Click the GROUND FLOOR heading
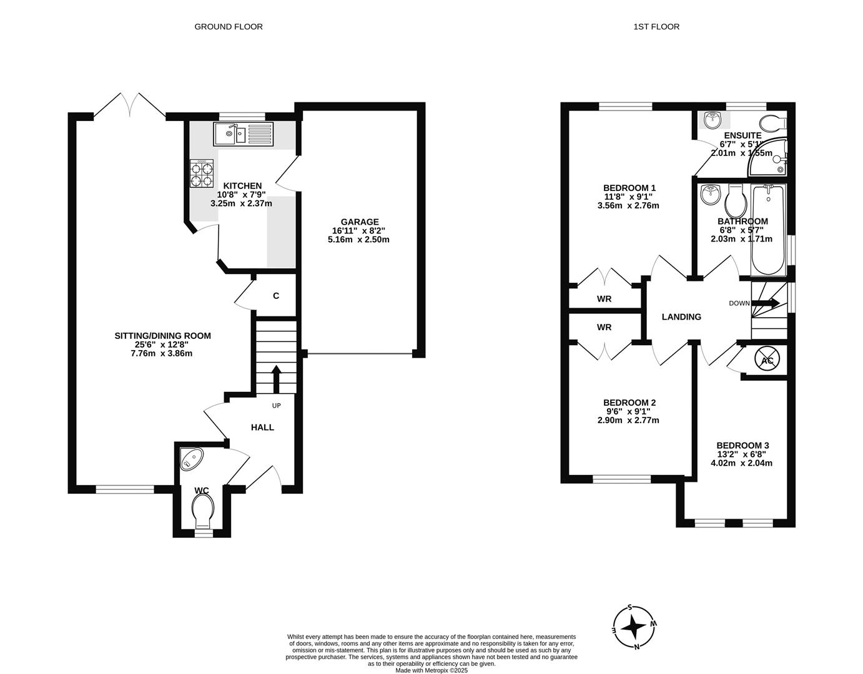click(229, 26)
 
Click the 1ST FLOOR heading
click(656, 26)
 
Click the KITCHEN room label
click(242, 185)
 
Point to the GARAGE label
click(359, 222)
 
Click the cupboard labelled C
click(275, 296)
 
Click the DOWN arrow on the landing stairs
click(766, 303)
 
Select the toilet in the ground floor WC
click(202, 510)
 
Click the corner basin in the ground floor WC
click(190, 460)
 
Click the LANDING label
click(681, 316)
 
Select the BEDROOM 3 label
click(742, 445)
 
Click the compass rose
click(634, 626)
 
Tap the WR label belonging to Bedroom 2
click(604, 327)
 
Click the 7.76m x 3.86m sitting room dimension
click(162, 353)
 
